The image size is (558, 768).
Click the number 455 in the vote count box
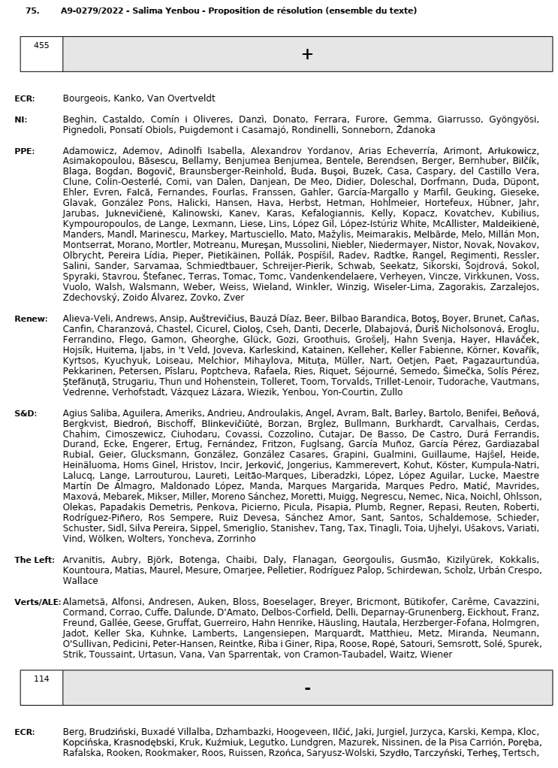(41, 45)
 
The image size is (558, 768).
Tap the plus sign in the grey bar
(307, 54)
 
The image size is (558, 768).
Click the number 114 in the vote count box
(41, 679)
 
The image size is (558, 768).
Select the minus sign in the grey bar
(307, 688)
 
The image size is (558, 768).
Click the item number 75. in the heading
(32, 11)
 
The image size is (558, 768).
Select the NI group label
(20, 119)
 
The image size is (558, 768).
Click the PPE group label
(24, 151)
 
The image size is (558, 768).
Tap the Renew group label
(30, 319)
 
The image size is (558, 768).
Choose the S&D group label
(26, 413)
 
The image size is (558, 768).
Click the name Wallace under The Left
(80, 581)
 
